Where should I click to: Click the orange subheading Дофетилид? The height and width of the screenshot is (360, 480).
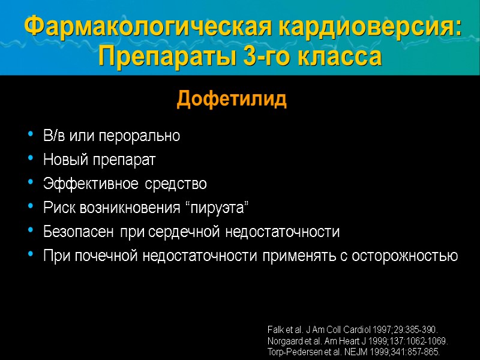pos(232,100)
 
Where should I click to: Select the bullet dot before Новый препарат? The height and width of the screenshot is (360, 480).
pos(31,160)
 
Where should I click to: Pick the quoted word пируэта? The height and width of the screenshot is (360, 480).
pos(217,208)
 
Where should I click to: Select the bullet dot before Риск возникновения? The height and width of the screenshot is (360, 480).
pos(31,208)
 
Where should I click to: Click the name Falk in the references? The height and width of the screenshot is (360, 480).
pos(275,330)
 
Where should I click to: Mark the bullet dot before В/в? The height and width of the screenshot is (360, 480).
pos(31,136)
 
